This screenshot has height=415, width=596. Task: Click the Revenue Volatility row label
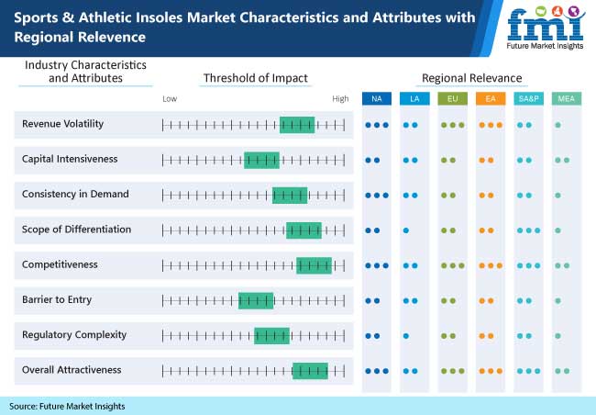[x=62, y=124]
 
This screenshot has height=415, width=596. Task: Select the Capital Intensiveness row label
[x=70, y=159]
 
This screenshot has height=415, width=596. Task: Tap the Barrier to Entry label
[x=57, y=299]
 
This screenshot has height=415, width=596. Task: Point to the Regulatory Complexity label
[x=74, y=334]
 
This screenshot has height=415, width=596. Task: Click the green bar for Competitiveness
[x=314, y=265]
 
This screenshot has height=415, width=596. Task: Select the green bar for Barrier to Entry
[x=256, y=300]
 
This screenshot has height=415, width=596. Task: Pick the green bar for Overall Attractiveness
[x=310, y=370]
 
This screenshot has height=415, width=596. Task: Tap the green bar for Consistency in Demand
[x=290, y=195]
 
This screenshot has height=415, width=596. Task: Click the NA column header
[x=376, y=98]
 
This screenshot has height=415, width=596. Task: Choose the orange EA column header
[x=491, y=98]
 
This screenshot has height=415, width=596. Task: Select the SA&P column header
[x=529, y=98]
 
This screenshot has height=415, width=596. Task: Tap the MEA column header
[x=567, y=98]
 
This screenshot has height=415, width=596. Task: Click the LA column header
[x=414, y=98]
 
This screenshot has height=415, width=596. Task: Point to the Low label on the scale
[x=170, y=98]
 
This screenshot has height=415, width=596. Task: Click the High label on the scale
[x=340, y=98]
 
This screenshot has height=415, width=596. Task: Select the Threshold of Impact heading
[x=255, y=78]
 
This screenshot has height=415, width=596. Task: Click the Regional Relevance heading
[x=471, y=78]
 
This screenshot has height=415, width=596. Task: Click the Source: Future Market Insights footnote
[x=67, y=405]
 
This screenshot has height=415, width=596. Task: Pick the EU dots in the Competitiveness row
[x=452, y=265]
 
